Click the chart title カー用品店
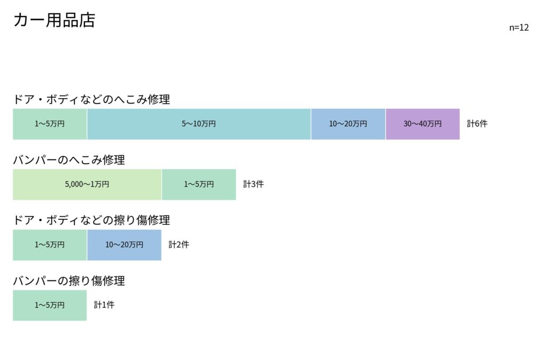54,20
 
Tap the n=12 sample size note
518,28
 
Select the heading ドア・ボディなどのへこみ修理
91,99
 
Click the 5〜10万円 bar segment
199,124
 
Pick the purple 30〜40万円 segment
422,124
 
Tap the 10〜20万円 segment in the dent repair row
348,124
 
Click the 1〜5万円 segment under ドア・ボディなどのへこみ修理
49,124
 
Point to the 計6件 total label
477,124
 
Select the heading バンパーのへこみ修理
69,159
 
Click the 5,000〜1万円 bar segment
87,184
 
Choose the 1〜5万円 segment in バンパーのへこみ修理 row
199,184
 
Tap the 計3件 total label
253,184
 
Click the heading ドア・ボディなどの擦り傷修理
91,220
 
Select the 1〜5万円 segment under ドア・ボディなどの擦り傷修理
49,245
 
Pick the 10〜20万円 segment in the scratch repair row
124,245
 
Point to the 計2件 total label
178,244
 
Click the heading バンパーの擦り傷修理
69,280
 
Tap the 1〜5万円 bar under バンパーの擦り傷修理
49,305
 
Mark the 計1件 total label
104,305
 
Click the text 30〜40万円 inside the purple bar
422,124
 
